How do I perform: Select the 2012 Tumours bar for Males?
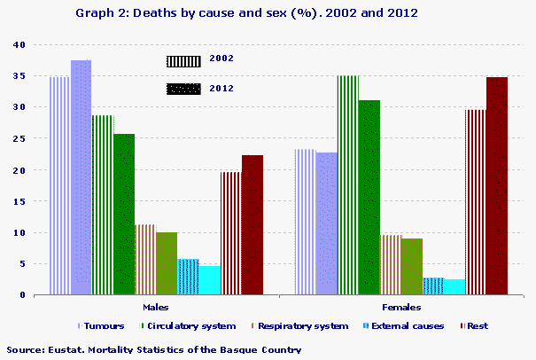click(x=81, y=177)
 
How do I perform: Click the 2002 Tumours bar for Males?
click(x=59, y=185)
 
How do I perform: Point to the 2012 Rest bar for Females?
click(x=497, y=185)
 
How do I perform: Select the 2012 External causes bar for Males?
click(x=209, y=279)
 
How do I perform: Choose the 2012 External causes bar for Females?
click(x=454, y=286)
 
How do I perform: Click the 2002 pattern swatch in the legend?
click(x=184, y=60)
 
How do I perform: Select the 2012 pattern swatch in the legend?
click(x=184, y=89)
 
